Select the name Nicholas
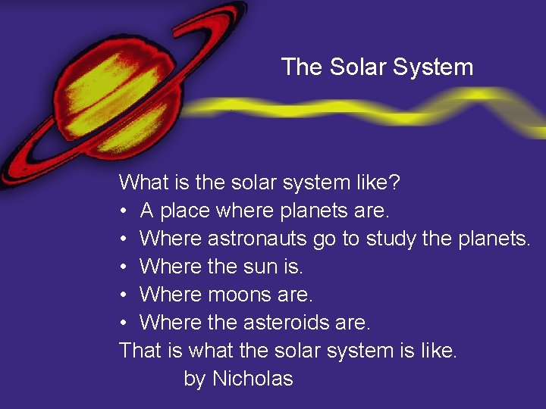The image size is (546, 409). (x=253, y=379)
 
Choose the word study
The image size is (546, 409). (x=391, y=239)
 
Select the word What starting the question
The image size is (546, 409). (x=144, y=183)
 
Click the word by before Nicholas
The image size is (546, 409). (x=195, y=379)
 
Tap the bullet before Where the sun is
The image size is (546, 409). (x=124, y=267)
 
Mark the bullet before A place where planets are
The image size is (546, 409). (x=124, y=211)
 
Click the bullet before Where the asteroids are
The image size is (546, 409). (x=124, y=323)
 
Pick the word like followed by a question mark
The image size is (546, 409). (x=384, y=183)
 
